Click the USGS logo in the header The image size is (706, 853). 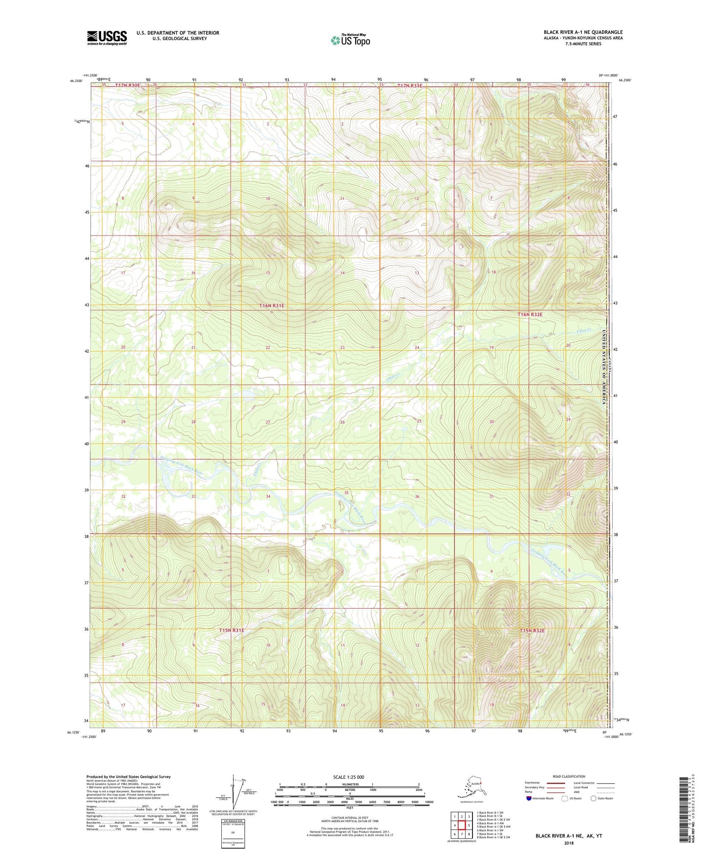coord(107,38)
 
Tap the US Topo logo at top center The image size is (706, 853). coord(350,40)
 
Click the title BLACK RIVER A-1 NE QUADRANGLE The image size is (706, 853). coord(583,32)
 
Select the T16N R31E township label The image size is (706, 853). coord(271,305)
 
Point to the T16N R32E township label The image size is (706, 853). coord(530,314)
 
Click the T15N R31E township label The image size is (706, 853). coord(231,630)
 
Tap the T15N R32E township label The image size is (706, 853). coord(532,631)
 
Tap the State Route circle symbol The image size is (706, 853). coord(594,798)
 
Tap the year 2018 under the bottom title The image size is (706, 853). coord(569,843)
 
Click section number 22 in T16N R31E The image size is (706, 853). coord(268,347)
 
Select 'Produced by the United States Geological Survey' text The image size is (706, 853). coord(128,776)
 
